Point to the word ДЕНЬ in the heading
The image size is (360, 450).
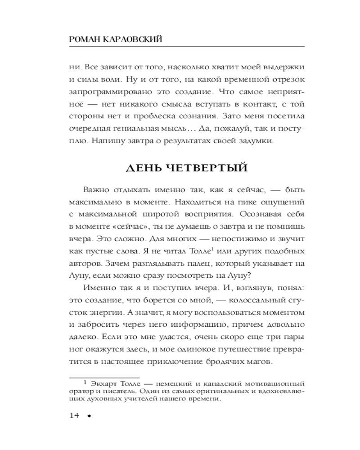(142, 168)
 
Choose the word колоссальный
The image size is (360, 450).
(240, 300)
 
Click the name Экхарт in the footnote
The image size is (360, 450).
(104, 384)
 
